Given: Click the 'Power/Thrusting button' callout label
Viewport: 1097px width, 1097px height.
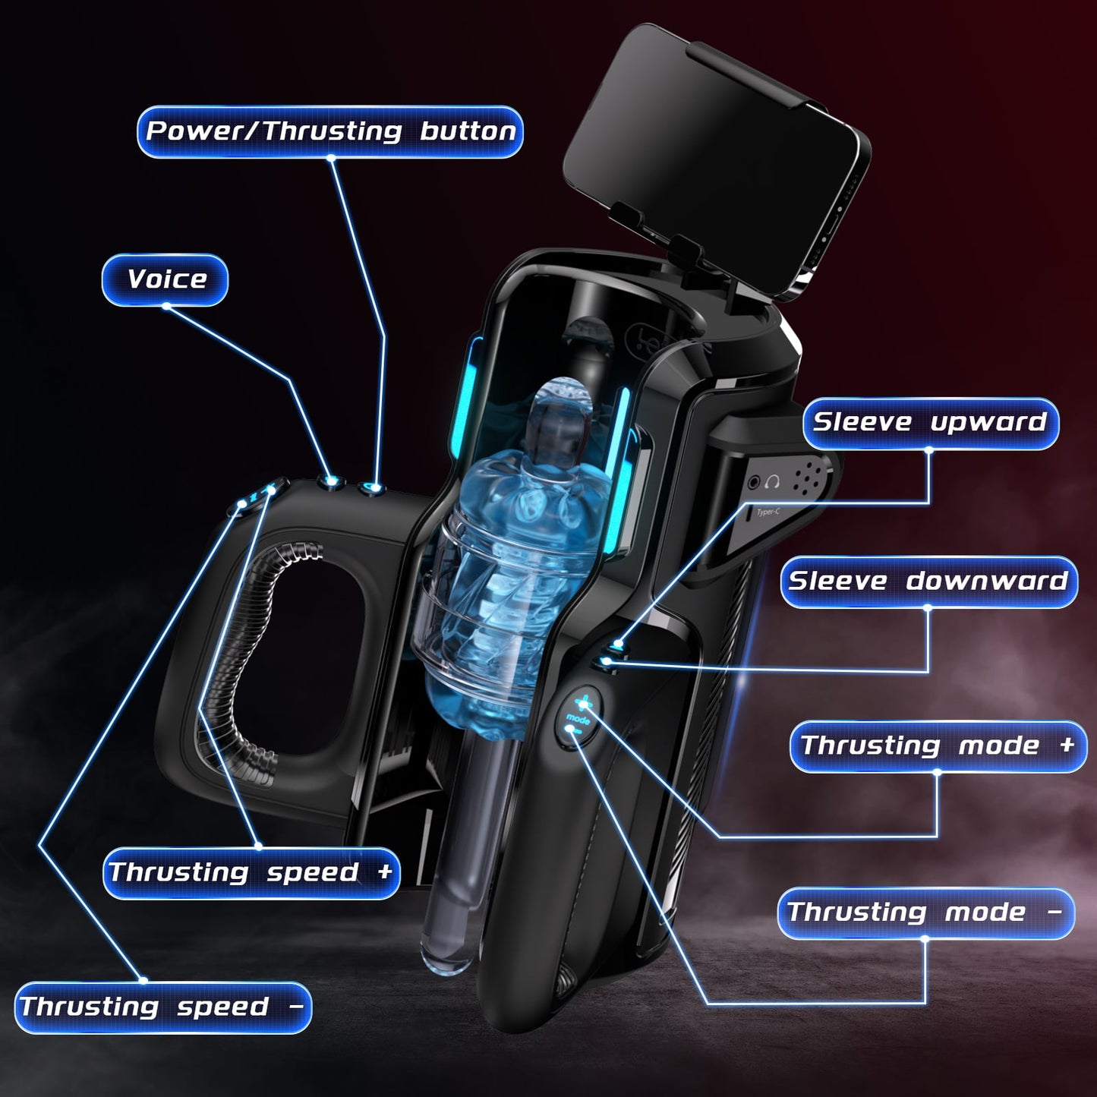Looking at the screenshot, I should click(x=330, y=131).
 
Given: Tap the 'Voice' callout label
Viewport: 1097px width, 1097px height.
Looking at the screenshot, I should click(x=165, y=279).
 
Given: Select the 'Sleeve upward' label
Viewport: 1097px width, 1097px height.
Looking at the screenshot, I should click(x=930, y=423).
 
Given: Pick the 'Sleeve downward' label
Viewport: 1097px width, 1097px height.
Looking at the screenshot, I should click(x=928, y=582).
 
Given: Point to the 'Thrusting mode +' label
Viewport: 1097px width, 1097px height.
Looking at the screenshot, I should click(x=938, y=746).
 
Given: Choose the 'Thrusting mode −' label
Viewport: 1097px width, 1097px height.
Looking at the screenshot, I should click(x=925, y=913).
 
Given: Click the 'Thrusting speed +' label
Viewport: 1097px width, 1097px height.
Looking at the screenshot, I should click(x=251, y=872).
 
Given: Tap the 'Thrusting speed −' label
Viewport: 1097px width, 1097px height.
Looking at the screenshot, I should click(x=162, y=1007).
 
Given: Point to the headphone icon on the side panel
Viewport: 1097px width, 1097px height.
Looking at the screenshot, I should click(x=773, y=481).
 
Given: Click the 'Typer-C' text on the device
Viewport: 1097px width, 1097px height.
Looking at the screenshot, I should click(x=768, y=512).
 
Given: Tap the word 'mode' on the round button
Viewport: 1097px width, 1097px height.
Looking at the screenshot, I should click(x=578, y=718).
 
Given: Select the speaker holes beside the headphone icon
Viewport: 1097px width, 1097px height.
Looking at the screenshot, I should click(x=808, y=478).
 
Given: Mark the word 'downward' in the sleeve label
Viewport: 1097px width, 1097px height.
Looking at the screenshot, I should click(x=987, y=582).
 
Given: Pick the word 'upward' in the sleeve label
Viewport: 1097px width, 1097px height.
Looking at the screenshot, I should click(x=988, y=423).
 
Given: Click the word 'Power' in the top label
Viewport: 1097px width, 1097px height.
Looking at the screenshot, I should click(x=199, y=131).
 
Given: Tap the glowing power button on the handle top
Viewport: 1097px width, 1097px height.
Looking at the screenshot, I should click(x=371, y=487).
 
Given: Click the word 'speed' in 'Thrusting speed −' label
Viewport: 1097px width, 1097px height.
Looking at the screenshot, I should click(x=222, y=1007).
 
